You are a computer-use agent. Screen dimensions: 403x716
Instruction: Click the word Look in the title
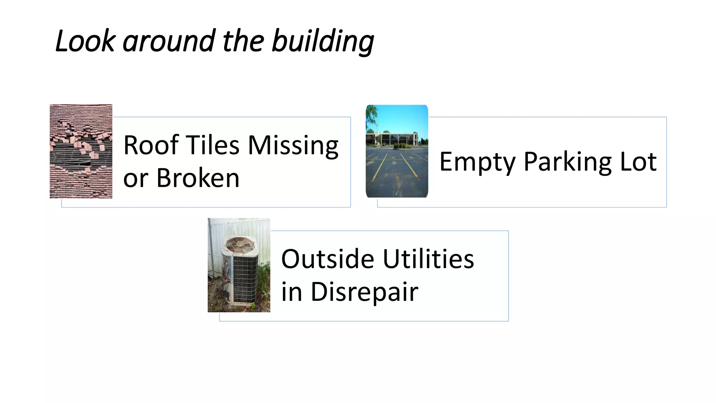(x=85, y=41)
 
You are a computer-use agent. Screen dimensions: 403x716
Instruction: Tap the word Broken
(x=198, y=178)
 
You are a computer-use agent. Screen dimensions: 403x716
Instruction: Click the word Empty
(x=477, y=162)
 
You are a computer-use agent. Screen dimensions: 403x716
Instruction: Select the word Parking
(x=568, y=162)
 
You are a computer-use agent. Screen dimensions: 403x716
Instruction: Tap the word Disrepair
(x=364, y=292)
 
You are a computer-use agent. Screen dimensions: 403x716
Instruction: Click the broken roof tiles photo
(x=81, y=151)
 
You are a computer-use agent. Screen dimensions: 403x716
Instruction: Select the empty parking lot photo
(x=397, y=151)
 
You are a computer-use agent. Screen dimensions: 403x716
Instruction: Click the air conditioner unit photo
(x=239, y=265)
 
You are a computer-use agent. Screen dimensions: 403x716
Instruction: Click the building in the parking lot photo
(x=395, y=138)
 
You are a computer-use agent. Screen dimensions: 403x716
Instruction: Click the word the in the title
(x=243, y=41)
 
